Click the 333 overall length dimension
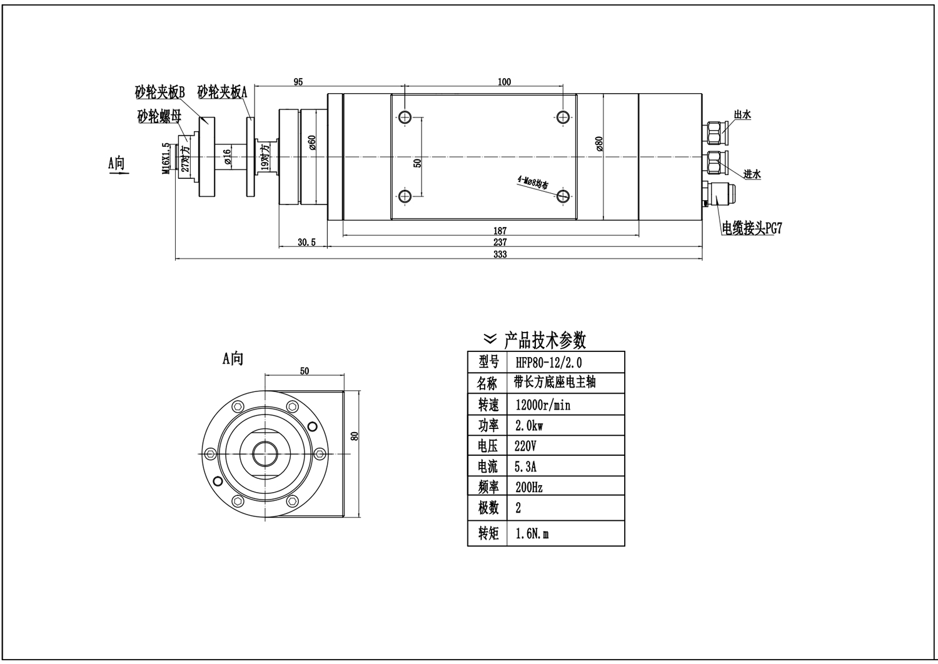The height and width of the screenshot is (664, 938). click(500, 254)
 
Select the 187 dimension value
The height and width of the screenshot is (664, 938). click(500, 231)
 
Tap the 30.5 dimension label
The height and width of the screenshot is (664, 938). click(306, 243)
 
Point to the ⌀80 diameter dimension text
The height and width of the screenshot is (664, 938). click(599, 144)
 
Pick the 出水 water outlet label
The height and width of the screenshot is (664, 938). click(742, 114)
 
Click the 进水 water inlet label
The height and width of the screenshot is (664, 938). click(752, 174)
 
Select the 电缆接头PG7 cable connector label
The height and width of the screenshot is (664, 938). click(752, 228)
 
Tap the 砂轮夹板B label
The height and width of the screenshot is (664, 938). click(160, 93)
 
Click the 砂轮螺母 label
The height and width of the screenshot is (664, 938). click(160, 116)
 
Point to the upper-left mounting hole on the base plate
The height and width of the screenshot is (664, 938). click(405, 117)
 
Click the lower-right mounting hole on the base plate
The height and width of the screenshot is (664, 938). click(563, 196)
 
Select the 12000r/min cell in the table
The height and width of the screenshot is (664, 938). click(543, 405)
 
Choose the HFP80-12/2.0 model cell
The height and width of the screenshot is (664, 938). click(549, 362)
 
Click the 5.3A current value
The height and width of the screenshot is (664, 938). click(526, 466)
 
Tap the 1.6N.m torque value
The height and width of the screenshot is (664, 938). click(532, 534)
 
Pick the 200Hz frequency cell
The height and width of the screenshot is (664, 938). click(529, 487)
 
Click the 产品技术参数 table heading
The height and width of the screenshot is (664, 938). click(545, 341)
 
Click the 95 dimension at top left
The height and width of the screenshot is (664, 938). click(298, 82)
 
